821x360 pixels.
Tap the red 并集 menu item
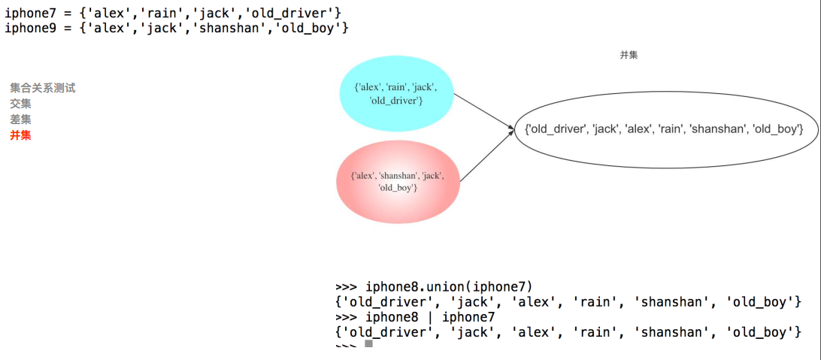pyautogui.click(x=20, y=135)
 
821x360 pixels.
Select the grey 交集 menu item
pyautogui.click(x=20, y=104)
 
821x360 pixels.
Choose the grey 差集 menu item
pyautogui.click(x=20, y=119)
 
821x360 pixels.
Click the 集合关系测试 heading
pyautogui.click(x=43, y=88)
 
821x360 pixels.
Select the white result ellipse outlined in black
pyautogui.click(x=665, y=129)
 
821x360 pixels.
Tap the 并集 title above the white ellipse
pyautogui.click(x=629, y=55)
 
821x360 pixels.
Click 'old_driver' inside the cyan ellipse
pyautogui.click(x=397, y=101)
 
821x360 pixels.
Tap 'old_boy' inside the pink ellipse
pyautogui.click(x=398, y=187)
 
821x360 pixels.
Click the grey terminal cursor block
pyautogui.click(x=368, y=343)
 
